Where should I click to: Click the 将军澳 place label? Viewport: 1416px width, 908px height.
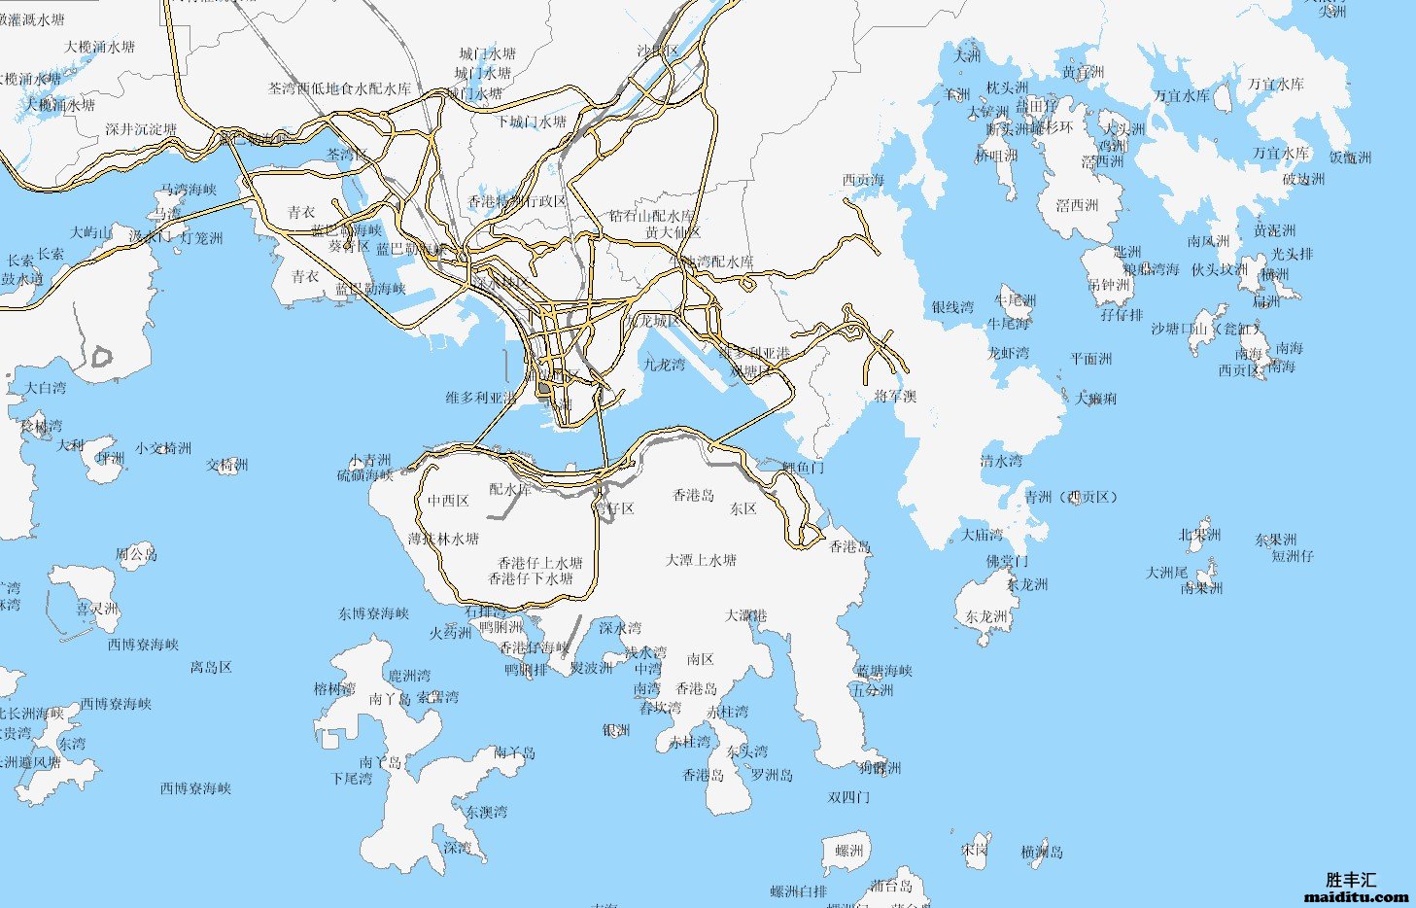click(x=895, y=397)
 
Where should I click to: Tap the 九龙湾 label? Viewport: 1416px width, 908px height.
click(x=664, y=365)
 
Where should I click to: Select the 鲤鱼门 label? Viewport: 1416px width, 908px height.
click(x=804, y=468)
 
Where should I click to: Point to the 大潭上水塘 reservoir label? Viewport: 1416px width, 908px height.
click(x=701, y=561)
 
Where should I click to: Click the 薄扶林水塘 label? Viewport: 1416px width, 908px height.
click(x=443, y=539)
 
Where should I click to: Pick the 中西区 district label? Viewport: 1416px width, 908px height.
click(x=448, y=502)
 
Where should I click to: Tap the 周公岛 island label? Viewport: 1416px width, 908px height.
click(x=136, y=555)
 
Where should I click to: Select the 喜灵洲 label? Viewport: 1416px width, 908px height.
click(x=97, y=610)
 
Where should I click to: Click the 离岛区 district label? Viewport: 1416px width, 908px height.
click(x=211, y=668)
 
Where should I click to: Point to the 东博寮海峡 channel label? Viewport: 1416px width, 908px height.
click(x=373, y=614)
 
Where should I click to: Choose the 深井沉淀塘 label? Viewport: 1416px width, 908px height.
click(x=141, y=129)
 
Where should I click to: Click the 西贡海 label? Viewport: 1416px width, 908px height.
click(x=863, y=180)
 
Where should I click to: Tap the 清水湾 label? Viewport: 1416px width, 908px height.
click(x=1001, y=461)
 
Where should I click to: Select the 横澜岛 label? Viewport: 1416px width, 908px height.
click(x=1042, y=853)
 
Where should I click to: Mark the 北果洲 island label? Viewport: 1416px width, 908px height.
click(x=1199, y=536)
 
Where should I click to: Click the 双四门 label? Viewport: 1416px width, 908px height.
click(x=848, y=797)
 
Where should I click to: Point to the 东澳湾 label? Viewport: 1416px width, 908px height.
click(x=486, y=812)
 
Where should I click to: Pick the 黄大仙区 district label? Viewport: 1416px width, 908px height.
click(x=673, y=233)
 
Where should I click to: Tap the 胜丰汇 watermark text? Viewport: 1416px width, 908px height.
click(x=1351, y=880)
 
